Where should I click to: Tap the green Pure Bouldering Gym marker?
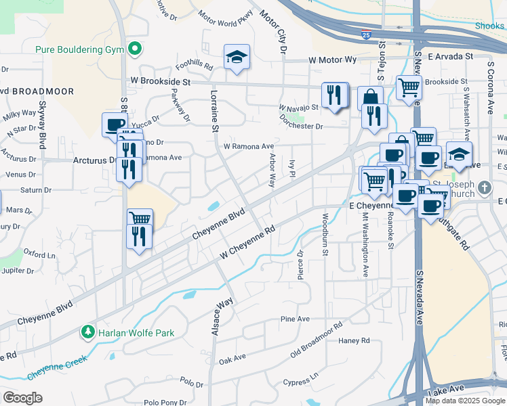click(135, 49)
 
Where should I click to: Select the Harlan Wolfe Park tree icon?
click(87, 332)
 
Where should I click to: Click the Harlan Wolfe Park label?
click(136, 333)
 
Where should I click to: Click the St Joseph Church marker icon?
click(483, 187)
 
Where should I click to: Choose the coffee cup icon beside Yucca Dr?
click(115, 125)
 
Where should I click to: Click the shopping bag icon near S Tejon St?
click(370, 98)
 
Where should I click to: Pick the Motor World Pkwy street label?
click(226, 19)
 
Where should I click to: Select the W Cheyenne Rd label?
click(247, 242)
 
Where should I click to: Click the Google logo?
click(23, 398)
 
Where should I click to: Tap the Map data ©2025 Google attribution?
click(466, 401)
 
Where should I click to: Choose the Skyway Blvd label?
click(43, 125)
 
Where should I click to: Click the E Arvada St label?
click(450, 58)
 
